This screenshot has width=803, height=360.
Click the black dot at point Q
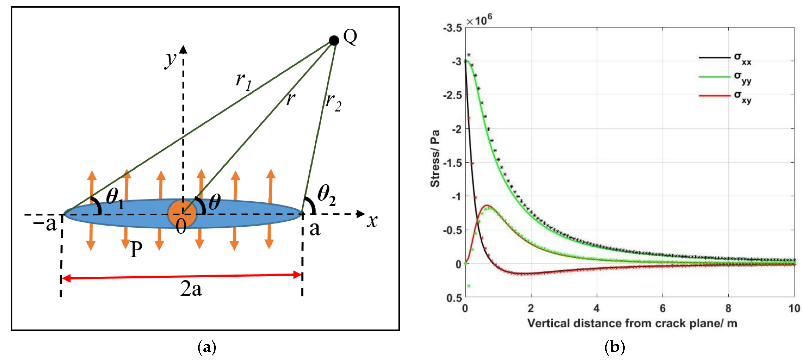334,41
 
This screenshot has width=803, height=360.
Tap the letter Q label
350,37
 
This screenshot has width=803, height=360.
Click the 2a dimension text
191,289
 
